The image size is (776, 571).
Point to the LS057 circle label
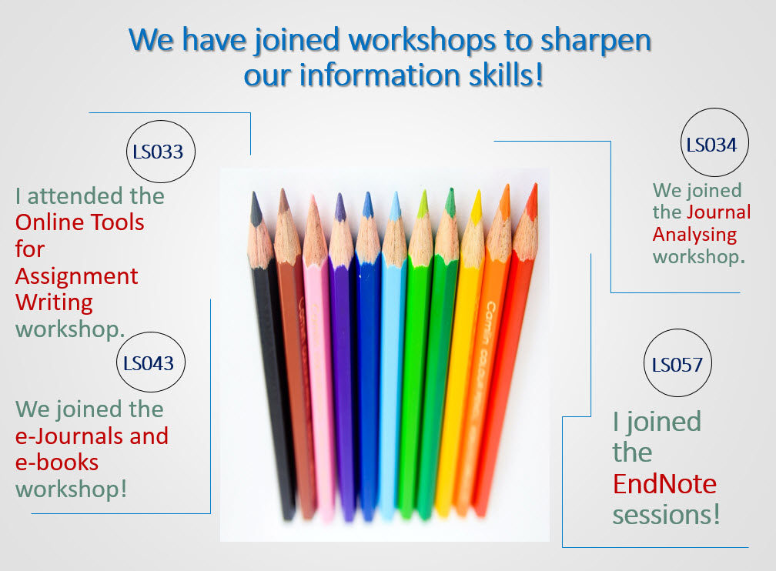coord(677,363)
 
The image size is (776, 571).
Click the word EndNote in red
coord(664,483)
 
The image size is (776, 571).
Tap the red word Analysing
coord(694,235)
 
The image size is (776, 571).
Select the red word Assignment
coord(77,277)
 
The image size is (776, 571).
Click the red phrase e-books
coord(57,462)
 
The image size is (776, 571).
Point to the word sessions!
coord(666,515)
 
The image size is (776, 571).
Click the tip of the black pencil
coord(254,192)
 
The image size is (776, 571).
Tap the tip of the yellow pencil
coord(478,191)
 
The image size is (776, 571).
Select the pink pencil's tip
coord(313,196)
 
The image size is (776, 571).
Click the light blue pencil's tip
coord(396,192)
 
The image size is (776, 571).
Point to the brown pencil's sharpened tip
coord(283,189)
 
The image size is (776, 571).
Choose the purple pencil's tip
coord(339,194)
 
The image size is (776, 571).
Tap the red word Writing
coord(54,303)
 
